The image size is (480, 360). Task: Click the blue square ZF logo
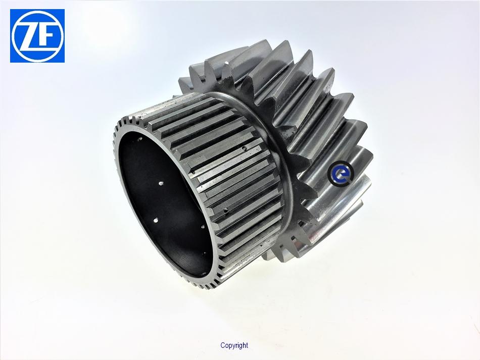[x=37, y=36]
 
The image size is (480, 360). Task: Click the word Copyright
[x=234, y=346]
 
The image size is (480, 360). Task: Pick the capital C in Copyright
[x=222, y=345]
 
